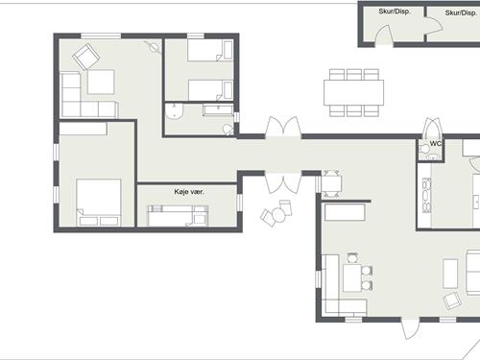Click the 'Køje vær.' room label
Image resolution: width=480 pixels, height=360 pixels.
[x=189, y=192]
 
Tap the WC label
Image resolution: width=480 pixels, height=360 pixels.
[x=436, y=144]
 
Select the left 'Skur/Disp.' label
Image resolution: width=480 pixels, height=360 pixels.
[x=395, y=12]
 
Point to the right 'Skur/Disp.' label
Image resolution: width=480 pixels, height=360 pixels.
[x=461, y=12]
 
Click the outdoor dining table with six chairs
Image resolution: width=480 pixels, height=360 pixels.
[x=353, y=92]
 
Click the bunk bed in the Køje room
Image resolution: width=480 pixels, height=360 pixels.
[x=178, y=216]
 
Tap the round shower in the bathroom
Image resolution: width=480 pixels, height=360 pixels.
[x=175, y=110]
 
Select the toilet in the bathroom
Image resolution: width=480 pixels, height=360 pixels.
[x=228, y=130]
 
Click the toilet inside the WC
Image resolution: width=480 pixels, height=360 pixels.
[x=425, y=149]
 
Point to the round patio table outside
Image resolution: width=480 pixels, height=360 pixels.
[x=278, y=215]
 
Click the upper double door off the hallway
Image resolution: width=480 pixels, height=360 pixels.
[x=283, y=128]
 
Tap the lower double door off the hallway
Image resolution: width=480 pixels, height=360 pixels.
[x=283, y=182]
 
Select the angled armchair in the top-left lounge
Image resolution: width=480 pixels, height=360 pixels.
[x=85, y=57]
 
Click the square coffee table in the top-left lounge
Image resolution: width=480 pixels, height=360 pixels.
[x=101, y=82]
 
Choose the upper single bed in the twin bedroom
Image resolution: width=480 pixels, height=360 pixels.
[x=210, y=50]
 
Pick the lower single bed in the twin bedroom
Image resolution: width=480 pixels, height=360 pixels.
[x=210, y=90]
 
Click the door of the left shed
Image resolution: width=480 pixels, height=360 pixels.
[x=384, y=36]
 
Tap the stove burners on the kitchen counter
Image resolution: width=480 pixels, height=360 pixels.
[x=426, y=195]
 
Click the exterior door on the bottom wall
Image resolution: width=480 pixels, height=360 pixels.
[x=410, y=328]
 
